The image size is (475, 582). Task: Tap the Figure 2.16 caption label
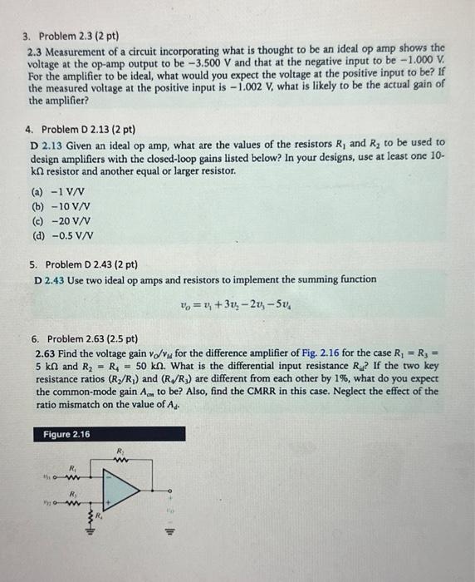click(66, 435)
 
